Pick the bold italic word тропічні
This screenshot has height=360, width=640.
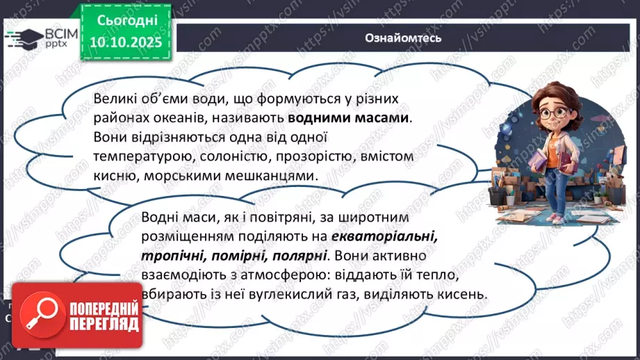coord(167,255)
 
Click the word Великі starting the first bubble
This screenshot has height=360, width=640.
coord(115,99)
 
